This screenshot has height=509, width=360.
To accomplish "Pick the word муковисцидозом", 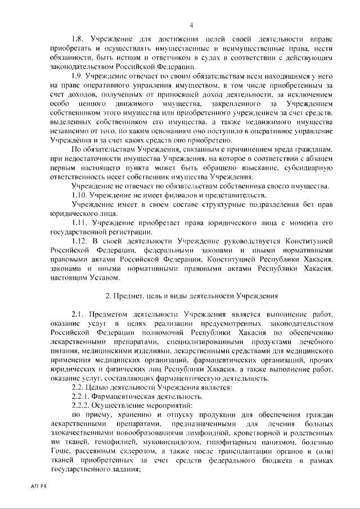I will pyautogui.click(x=152, y=443).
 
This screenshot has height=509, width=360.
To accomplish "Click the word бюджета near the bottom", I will pyautogui.click(x=268, y=461).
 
